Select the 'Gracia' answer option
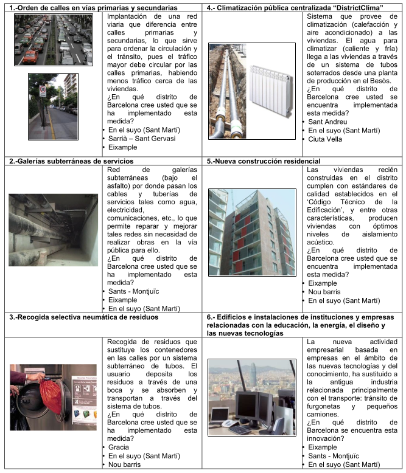click(x=120, y=447)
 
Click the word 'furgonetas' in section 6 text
click(x=326, y=404)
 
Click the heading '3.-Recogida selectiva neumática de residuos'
click(x=83, y=316)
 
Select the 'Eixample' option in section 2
click(x=123, y=300)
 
